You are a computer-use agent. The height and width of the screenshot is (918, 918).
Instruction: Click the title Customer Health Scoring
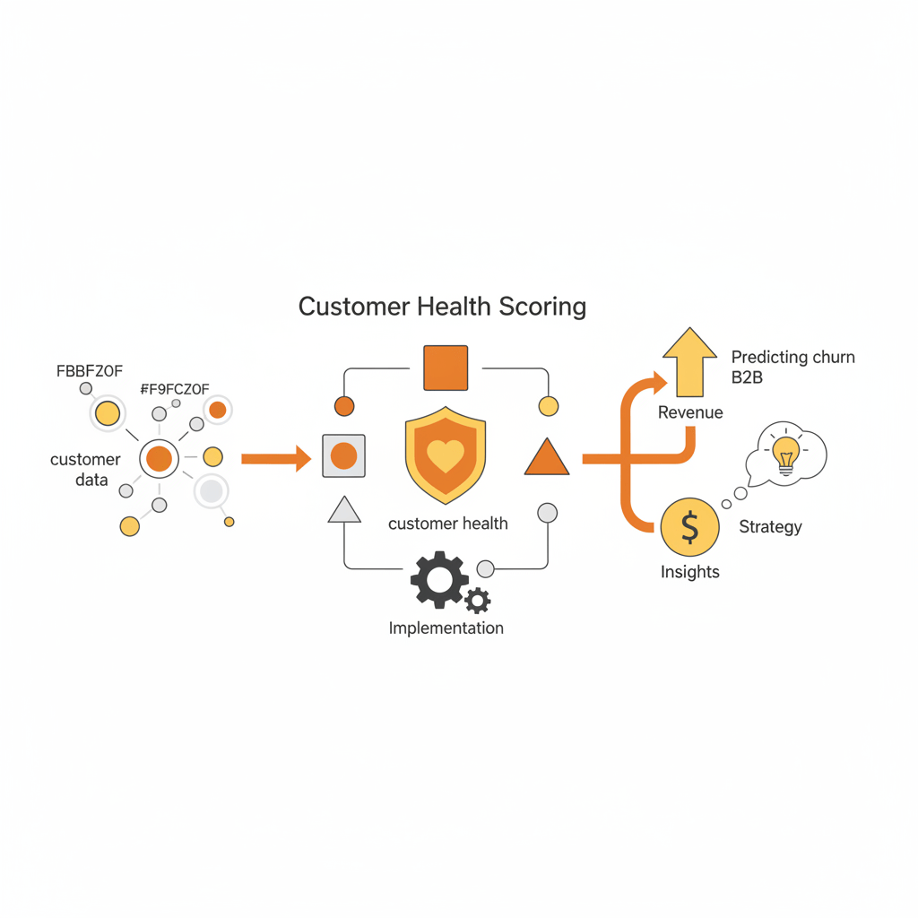coord(442,307)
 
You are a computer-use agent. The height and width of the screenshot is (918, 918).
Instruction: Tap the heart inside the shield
coord(446,455)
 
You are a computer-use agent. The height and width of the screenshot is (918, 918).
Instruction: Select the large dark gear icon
coord(439,580)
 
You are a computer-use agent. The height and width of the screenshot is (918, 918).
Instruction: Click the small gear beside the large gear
coord(478,601)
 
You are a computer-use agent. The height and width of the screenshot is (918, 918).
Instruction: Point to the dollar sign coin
coord(689,527)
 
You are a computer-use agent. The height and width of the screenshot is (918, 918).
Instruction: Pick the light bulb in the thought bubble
coord(785,455)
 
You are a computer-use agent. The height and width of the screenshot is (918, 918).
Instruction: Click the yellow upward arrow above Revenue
coord(689,362)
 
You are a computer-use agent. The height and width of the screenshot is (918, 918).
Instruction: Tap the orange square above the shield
coord(446,368)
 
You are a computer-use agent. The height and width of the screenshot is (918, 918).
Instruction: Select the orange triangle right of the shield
coord(547,458)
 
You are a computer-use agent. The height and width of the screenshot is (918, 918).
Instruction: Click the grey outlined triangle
coord(344,510)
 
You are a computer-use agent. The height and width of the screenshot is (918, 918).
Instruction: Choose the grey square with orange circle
coord(343,456)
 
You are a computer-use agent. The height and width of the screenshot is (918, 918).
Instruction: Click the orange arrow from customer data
coord(276,458)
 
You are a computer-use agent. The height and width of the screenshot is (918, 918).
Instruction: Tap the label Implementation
coord(446,628)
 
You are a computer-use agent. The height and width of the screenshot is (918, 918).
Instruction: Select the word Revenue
coord(690,412)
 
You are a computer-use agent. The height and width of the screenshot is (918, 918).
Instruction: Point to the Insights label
coord(689,572)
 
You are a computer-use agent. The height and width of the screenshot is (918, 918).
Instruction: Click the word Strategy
coord(770,527)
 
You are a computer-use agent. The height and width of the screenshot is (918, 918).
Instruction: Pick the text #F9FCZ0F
coord(175,389)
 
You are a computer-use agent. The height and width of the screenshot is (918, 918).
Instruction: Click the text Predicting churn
coord(793,357)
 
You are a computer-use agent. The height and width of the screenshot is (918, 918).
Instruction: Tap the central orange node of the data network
coord(160,458)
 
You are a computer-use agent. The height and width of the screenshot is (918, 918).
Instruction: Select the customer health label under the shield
coord(448,524)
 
